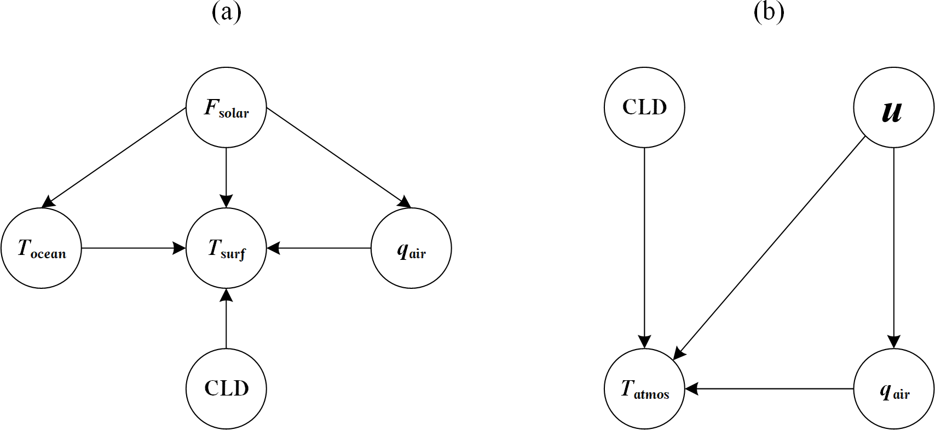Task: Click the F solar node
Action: coord(226,108)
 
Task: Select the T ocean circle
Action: coord(41,248)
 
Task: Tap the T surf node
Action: coord(226,248)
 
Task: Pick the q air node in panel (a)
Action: coord(411,248)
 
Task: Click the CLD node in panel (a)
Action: coord(226,388)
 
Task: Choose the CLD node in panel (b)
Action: coord(644,108)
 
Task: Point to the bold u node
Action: coord(893,108)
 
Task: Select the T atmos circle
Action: coord(644,388)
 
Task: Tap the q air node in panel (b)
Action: coord(893,388)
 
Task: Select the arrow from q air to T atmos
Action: coord(769,388)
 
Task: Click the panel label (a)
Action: coord(226,12)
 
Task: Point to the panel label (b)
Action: coord(769,12)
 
